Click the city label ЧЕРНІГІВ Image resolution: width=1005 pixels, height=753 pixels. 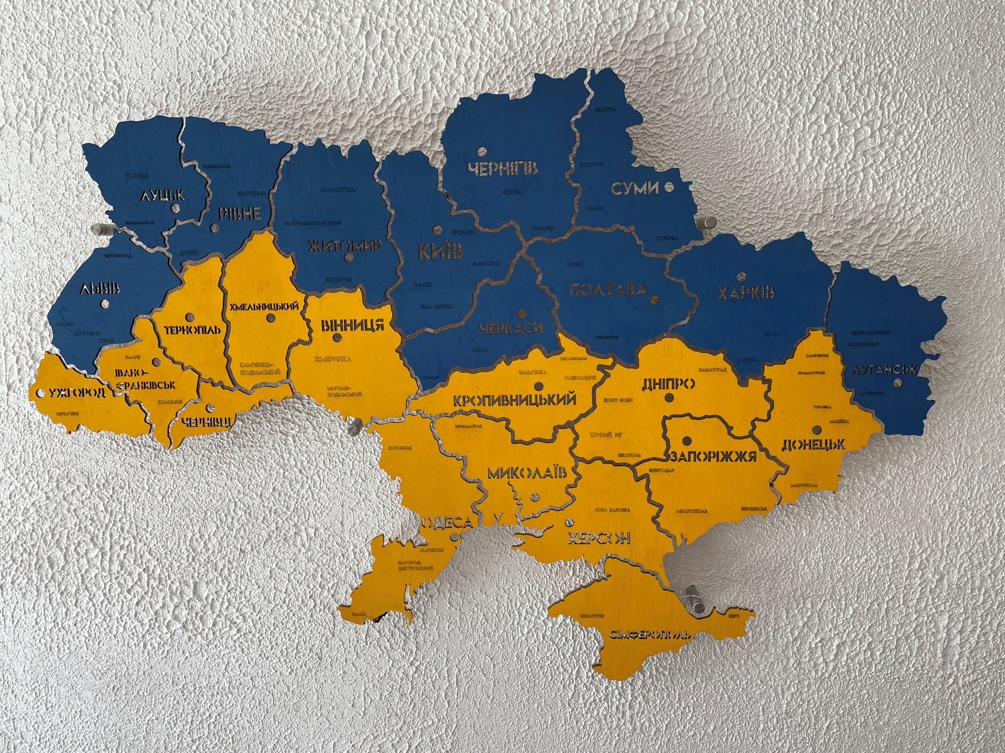click(x=502, y=168)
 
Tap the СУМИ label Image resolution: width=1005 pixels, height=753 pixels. click(x=635, y=188)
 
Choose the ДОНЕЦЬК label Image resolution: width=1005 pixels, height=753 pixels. click(x=813, y=444)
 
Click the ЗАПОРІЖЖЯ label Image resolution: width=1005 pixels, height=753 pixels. click(x=713, y=456)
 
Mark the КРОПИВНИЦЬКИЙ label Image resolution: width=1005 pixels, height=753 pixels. click(x=514, y=400)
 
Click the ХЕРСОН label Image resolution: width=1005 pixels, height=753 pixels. click(x=599, y=539)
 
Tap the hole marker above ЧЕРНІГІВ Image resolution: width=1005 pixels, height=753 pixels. click(x=482, y=152)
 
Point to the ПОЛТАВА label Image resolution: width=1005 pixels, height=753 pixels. click(x=607, y=289)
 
